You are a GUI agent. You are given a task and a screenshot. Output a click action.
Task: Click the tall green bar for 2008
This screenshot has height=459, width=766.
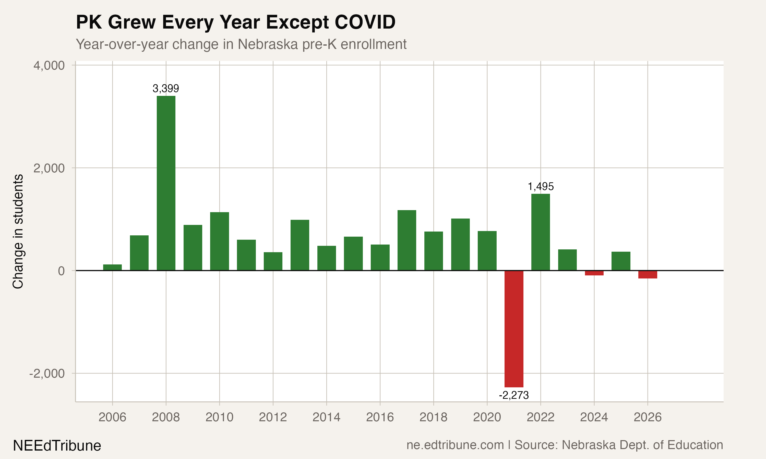point(166,183)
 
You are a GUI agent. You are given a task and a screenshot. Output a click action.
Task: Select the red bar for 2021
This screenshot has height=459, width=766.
point(514,329)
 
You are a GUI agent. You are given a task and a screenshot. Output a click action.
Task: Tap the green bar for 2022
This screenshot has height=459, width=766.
point(541,232)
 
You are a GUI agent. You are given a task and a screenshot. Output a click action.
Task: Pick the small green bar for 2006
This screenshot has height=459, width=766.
point(112,267)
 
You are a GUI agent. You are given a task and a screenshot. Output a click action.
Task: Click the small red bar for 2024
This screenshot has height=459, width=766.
point(594,273)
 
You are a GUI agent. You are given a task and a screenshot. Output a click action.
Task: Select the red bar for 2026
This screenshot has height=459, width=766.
point(648,275)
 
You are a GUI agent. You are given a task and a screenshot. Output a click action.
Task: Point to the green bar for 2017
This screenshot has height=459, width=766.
point(407,240)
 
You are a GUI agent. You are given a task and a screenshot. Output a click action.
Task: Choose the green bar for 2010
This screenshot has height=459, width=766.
point(220,241)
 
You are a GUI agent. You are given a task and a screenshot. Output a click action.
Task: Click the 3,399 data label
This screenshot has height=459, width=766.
point(166,89)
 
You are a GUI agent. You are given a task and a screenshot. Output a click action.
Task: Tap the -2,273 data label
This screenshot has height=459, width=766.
point(514,395)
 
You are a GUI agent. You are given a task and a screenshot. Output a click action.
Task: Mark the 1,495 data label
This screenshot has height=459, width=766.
point(541,186)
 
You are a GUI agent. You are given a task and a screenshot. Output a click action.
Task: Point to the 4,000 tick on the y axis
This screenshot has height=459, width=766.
point(49,66)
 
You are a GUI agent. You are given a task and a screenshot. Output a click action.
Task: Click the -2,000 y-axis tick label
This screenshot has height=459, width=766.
point(47,374)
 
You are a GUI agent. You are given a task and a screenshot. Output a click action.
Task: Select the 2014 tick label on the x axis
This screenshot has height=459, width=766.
point(326,417)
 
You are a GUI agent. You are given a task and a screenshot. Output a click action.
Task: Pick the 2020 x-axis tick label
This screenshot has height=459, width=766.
point(487,417)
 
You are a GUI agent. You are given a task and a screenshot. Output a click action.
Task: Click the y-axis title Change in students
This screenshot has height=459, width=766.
point(18,231)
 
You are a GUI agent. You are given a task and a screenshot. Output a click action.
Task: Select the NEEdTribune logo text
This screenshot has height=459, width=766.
point(57,446)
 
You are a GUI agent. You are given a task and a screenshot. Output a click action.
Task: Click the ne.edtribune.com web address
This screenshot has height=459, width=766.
point(455,445)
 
